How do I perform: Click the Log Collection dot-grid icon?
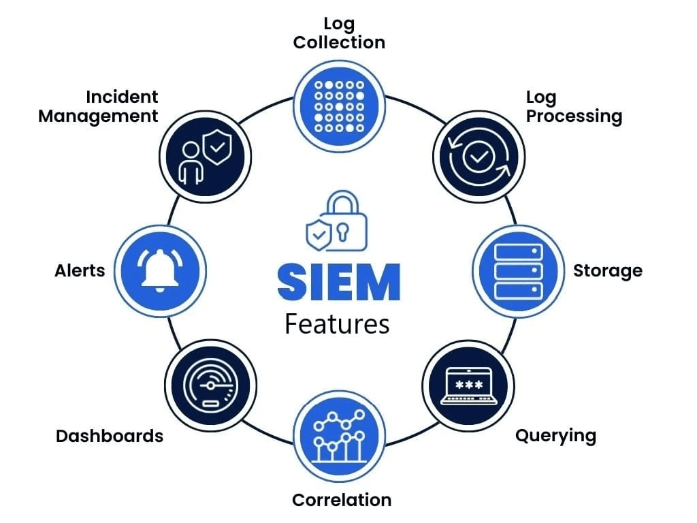click(x=339, y=107)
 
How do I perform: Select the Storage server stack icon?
click(x=519, y=271)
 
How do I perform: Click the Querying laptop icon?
click(x=468, y=386)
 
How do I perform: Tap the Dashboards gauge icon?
click(x=210, y=385)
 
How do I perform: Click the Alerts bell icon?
click(x=160, y=271)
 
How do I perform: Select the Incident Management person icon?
click(x=191, y=163)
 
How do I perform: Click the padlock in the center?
click(x=343, y=221)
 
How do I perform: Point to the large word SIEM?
click(x=339, y=282)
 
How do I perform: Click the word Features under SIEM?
click(x=337, y=324)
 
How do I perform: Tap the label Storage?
click(x=608, y=271)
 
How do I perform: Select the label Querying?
click(x=555, y=437)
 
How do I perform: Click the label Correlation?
click(x=342, y=500)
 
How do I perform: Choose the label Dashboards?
click(x=110, y=437)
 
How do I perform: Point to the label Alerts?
click(x=80, y=271)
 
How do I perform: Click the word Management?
click(x=98, y=116)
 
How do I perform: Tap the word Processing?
click(x=574, y=116)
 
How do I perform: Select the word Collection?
click(x=339, y=43)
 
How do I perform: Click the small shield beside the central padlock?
click(x=319, y=234)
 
